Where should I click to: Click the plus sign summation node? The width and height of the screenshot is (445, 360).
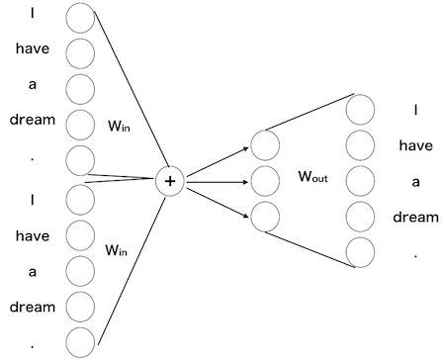[170, 180]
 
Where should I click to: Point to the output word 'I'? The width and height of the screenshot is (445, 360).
[415, 111]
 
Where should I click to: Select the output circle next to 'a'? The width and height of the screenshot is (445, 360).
[360, 181]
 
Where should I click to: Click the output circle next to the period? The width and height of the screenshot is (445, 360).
[360, 252]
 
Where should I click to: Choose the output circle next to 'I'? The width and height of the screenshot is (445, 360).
[360, 110]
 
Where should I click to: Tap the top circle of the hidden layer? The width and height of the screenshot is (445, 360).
[265, 144]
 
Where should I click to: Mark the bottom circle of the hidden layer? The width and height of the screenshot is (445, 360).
[265, 216]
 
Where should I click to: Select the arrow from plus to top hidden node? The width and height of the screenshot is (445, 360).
[218, 162]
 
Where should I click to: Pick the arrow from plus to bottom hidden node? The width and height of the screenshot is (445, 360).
[218, 198]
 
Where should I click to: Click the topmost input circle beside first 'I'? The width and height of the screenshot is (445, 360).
[79, 17]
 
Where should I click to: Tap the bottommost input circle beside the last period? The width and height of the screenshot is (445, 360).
[79, 342]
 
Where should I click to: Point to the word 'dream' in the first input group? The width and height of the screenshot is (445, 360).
[33, 121]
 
